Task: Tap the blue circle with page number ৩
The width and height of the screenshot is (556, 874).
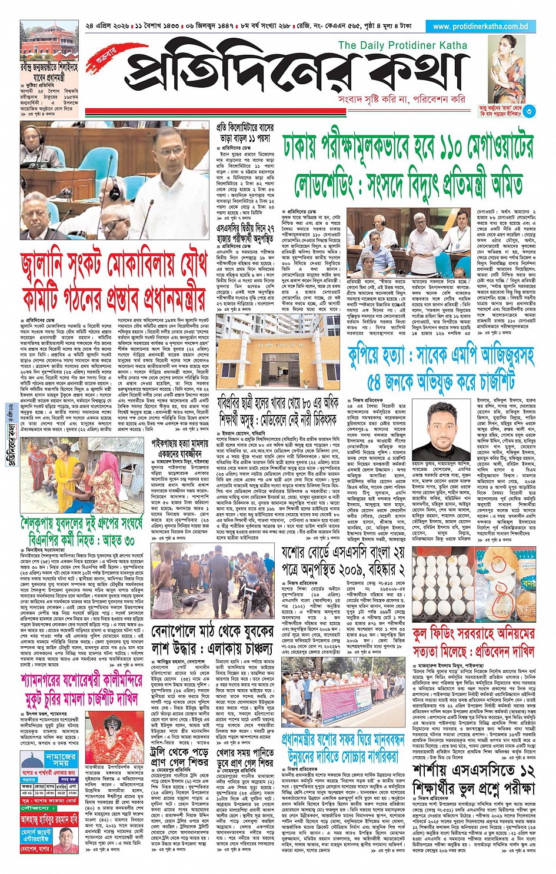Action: [530, 111]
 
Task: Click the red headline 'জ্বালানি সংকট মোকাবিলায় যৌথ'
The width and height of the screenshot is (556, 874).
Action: [114, 265]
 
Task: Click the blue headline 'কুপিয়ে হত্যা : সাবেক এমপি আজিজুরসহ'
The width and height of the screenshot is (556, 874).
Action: [441, 355]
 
